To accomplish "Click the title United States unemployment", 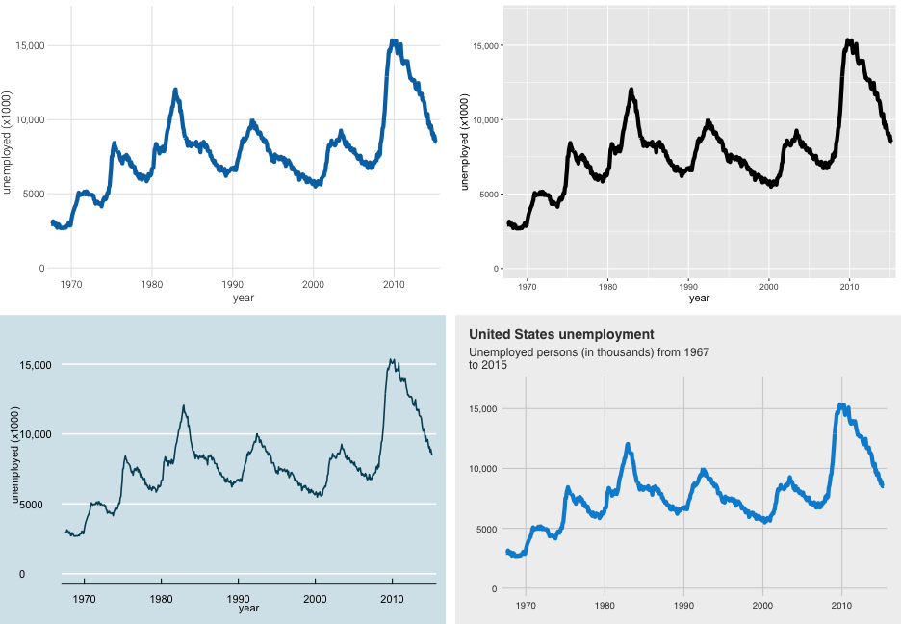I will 561,334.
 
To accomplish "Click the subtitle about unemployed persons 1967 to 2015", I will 588,358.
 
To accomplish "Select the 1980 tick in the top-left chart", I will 151,284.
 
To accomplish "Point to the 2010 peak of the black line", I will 849,41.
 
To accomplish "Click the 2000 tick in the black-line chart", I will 768,286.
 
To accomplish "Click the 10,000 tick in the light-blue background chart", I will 34,434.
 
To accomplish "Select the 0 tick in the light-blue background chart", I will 48,574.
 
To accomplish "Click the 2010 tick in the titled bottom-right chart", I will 841,606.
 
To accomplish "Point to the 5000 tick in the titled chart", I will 483,529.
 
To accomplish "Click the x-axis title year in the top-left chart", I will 244,299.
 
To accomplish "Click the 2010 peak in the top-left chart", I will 394,41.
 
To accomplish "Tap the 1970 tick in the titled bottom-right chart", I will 526,606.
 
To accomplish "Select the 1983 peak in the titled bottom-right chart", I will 628,445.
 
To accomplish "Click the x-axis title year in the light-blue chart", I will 248,608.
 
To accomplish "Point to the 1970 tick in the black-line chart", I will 527,286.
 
